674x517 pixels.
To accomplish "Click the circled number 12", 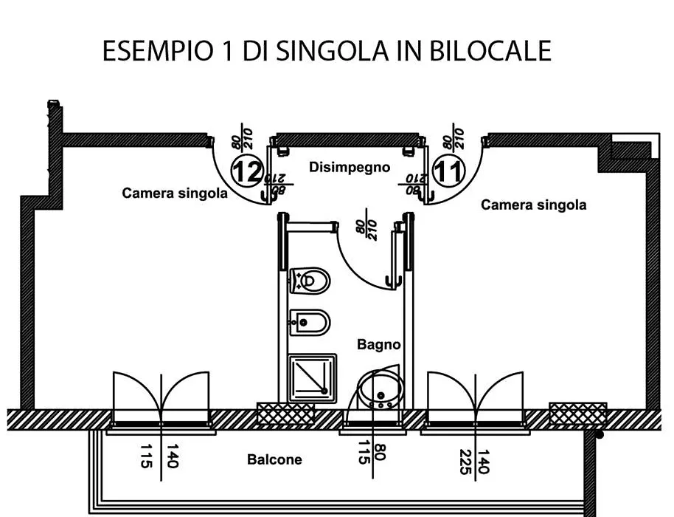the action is tap(247, 171).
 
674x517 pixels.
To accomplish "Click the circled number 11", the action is tap(449, 171).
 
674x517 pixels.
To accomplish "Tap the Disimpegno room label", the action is tap(350, 167).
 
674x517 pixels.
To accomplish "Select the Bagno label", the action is tap(379, 344).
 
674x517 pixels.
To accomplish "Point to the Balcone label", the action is tap(274, 459).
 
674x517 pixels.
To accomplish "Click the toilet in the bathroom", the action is tap(310, 281).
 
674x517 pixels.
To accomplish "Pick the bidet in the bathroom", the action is tap(310, 322).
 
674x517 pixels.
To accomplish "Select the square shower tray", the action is tap(312, 378).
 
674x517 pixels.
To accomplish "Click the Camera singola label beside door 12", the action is tap(175, 193).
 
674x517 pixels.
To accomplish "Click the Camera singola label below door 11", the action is tap(533, 205).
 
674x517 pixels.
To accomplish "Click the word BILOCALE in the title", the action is tap(490, 51).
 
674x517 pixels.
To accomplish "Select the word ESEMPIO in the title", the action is tap(158, 51).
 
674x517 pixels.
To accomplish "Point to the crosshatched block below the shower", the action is tap(285, 414).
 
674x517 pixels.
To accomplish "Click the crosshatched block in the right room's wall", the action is tap(578, 414).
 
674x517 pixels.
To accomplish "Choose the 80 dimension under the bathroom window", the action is tap(381, 451).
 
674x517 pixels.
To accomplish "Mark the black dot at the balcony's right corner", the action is tap(600, 435).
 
